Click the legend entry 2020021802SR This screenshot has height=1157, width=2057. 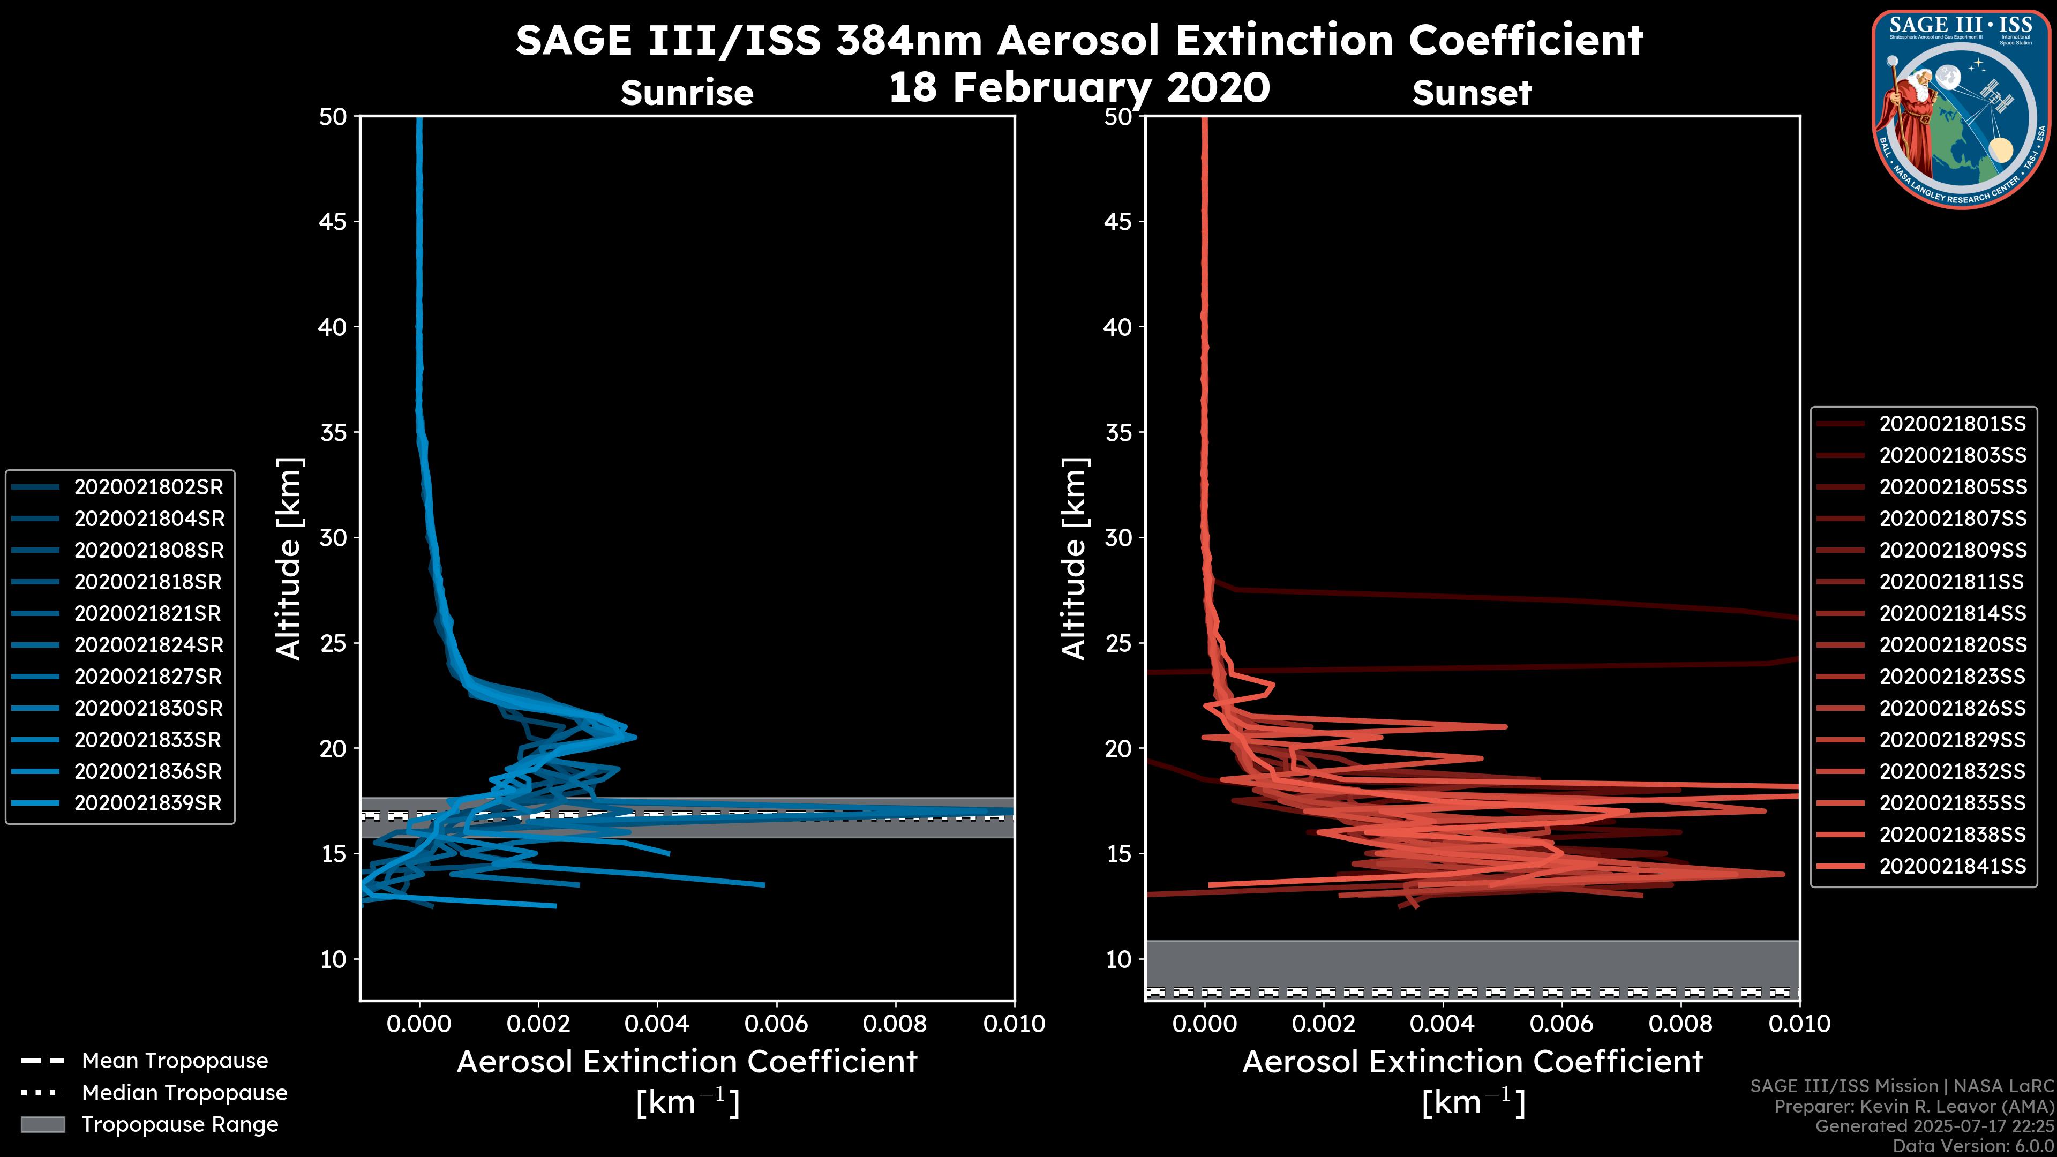(x=148, y=487)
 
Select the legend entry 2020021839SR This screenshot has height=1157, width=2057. (x=148, y=803)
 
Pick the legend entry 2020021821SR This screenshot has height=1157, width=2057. (x=148, y=613)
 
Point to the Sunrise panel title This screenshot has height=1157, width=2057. (x=687, y=93)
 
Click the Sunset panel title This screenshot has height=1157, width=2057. (x=1472, y=93)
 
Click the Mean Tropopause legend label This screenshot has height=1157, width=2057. (x=175, y=1061)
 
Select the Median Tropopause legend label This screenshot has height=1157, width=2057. (x=184, y=1093)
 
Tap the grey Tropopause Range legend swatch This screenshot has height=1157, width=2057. (x=43, y=1124)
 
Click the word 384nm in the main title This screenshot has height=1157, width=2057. (x=909, y=40)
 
